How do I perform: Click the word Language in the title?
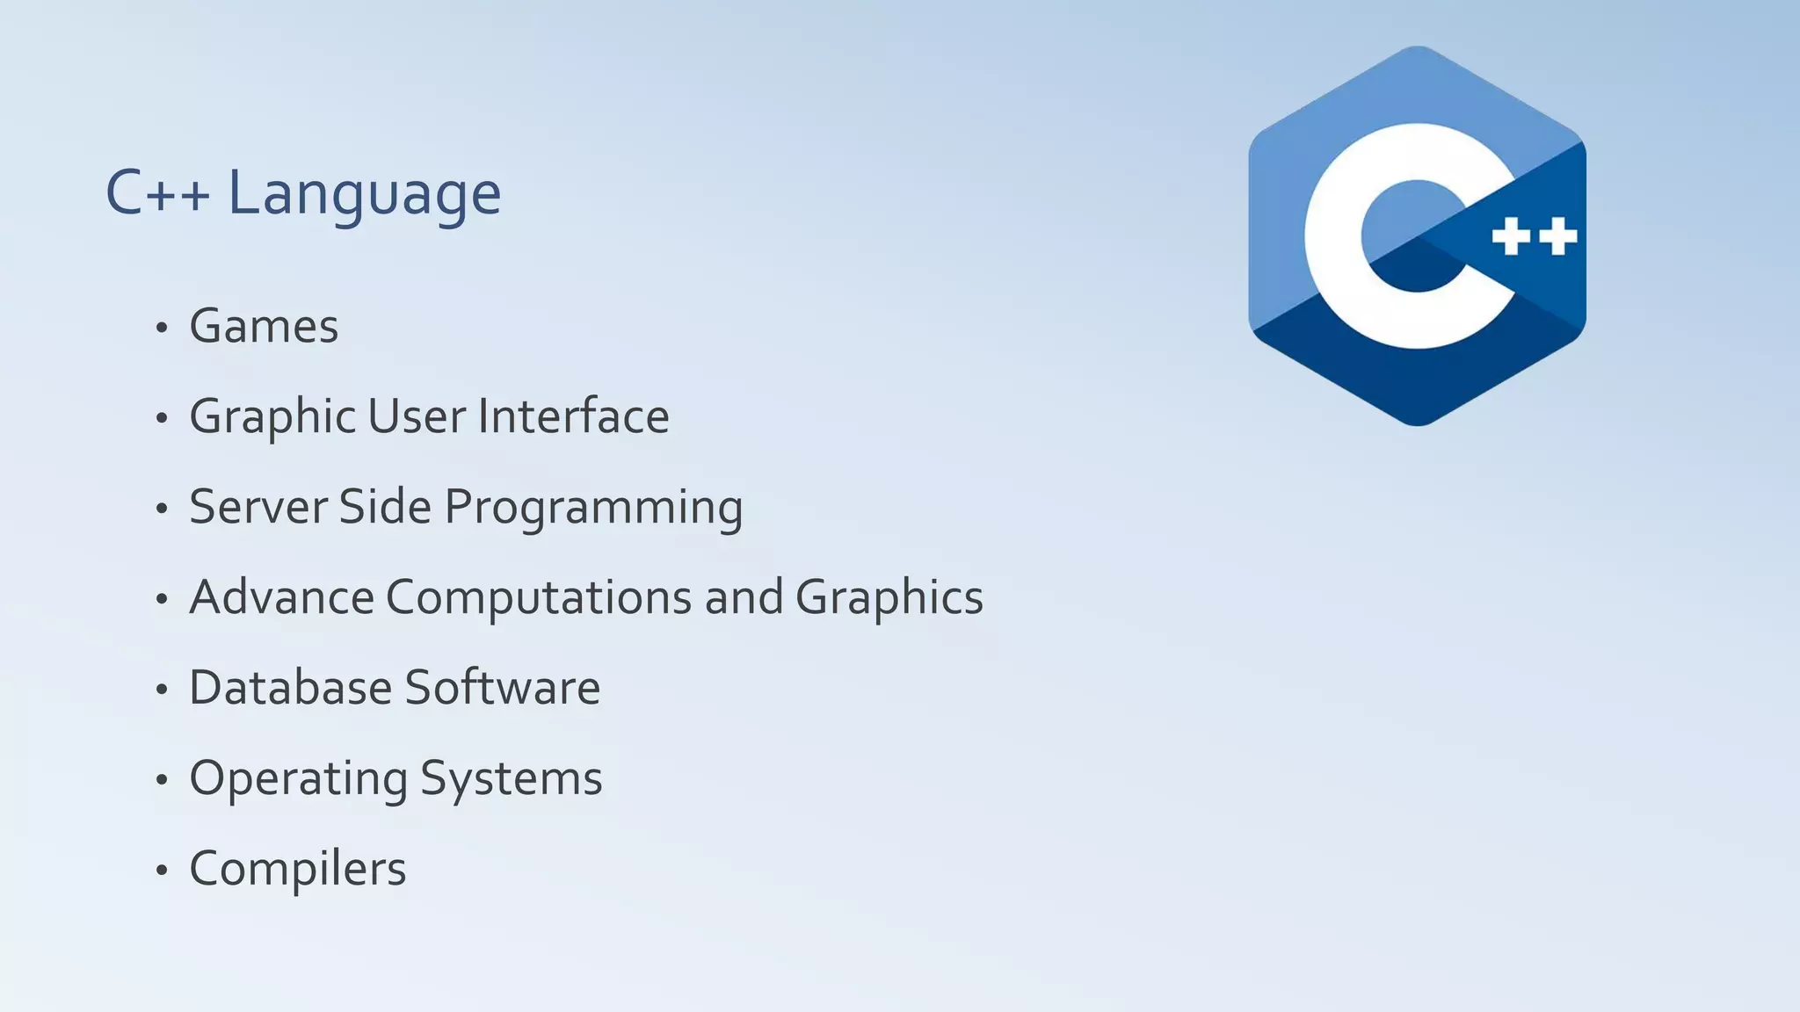[365, 193]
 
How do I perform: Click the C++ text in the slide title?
[157, 193]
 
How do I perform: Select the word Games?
[264, 327]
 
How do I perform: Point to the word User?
[416, 416]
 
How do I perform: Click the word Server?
[258, 507]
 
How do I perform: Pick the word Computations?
[539, 598]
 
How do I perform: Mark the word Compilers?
[298, 870]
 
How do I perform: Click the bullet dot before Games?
[161, 329]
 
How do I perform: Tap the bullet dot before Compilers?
[161, 871]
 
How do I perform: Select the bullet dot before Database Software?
[161, 690]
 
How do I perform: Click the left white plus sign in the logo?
[1512, 236]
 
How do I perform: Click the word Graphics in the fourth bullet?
[889, 598]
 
